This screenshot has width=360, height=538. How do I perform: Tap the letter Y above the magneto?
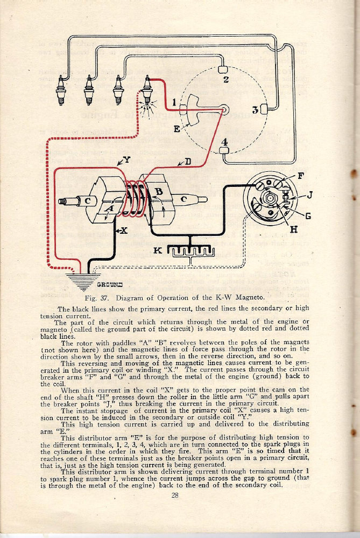(127, 159)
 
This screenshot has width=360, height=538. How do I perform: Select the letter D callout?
(188, 160)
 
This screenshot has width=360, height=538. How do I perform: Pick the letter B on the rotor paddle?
(159, 192)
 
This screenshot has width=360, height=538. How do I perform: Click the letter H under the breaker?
(294, 229)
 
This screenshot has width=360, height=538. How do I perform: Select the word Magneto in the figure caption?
(248, 298)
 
